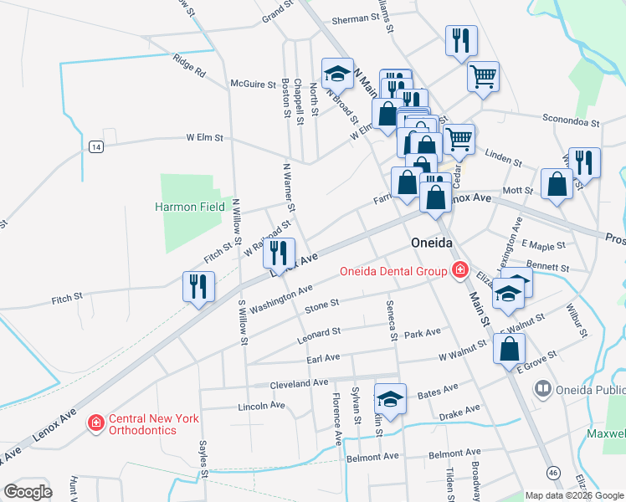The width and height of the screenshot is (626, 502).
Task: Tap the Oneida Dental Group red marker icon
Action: [459, 270]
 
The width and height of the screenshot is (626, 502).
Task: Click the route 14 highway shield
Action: [96, 146]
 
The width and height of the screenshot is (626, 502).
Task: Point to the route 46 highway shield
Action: [553, 473]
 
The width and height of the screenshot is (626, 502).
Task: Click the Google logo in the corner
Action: [28, 492]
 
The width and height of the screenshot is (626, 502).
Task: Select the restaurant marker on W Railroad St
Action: [280, 253]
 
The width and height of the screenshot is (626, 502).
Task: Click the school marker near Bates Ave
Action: [390, 399]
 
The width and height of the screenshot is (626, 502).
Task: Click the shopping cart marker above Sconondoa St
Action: [483, 77]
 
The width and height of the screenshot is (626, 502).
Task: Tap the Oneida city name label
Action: [432, 243]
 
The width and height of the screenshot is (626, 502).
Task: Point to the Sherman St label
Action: [356, 18]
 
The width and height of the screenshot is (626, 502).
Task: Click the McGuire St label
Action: [253, 84]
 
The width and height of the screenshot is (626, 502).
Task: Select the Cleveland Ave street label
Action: [298, 383]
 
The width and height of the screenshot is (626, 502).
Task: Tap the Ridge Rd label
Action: [189, 66]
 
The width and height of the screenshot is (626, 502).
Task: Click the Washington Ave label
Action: [280, 297]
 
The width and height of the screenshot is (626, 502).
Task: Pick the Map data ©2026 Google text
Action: [574, 495]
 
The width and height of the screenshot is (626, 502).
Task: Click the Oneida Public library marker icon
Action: [543, 389]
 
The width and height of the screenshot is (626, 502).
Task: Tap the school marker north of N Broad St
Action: [337, 74]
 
